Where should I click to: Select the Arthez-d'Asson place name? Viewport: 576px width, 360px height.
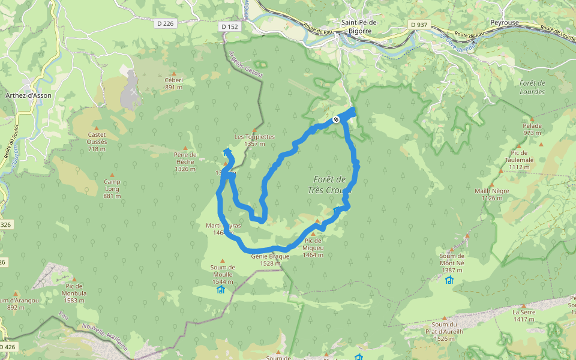click(x=28, y=95)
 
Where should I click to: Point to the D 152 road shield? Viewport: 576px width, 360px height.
click(x=229, y=26)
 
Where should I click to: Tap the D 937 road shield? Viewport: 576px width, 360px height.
click(x=421, y=24)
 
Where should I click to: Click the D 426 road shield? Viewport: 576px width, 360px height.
click(x=7, y=347)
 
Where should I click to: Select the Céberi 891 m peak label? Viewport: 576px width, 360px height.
click(x=173, y=83)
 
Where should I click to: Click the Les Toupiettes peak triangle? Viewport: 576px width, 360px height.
click(x=254, y=130)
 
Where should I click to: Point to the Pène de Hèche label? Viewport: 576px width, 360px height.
click(x=185, y=158)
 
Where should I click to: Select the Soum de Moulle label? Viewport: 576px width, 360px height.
click(x=222, y=271)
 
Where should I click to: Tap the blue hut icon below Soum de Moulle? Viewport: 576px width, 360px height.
click(x=220, y=290)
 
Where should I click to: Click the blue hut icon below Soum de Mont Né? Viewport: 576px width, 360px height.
click(x=449, y=280)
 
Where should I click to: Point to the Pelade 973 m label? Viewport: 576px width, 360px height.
click(x=532, y=129)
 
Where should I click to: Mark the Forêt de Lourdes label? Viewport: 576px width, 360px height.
click(x=532, y=87)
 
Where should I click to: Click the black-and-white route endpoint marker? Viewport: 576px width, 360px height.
click(x=336, y=119)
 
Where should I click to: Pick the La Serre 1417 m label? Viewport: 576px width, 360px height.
click(x=524, y=316)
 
